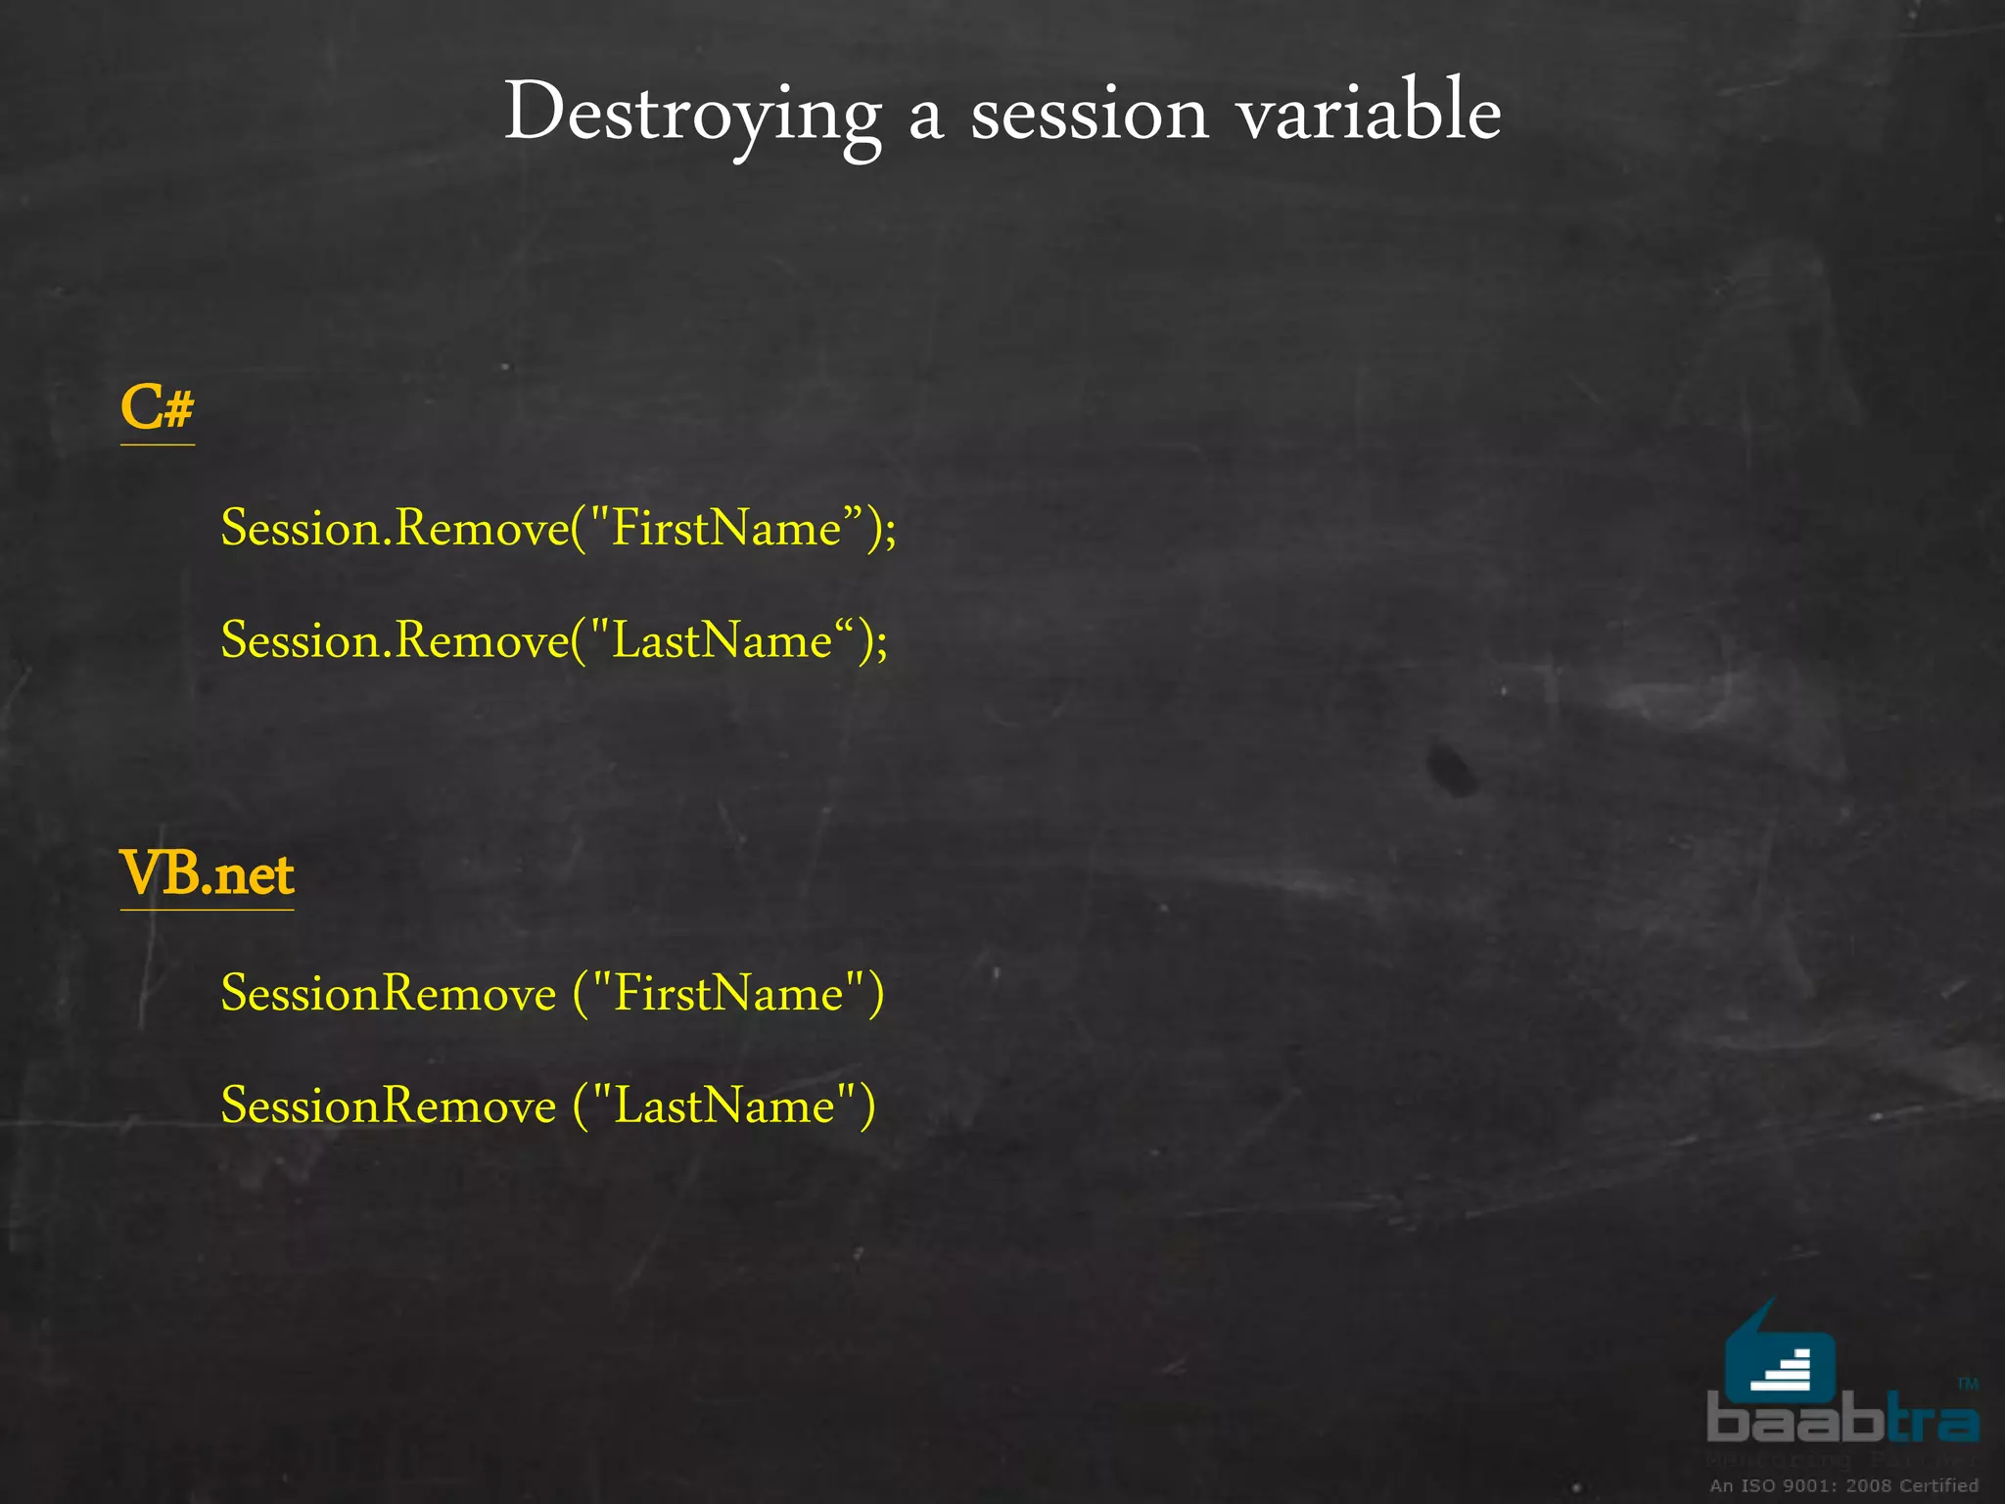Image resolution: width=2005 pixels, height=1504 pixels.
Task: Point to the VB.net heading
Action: [x=207, y=873]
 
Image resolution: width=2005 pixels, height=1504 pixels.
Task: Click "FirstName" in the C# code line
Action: [x=725, y=528]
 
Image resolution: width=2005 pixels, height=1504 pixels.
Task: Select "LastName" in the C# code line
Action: [x=722, y=640]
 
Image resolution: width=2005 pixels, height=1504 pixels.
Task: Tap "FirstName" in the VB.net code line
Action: [x=727, y=993]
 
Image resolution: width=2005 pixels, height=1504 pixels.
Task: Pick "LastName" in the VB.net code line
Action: [x=724, y=1105]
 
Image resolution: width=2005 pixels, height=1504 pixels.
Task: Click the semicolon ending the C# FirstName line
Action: [x=890, y=535]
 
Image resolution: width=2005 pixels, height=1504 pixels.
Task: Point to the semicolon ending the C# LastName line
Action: [x=882, y=647]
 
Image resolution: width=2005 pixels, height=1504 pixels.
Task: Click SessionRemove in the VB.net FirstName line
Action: [x=388, y=993]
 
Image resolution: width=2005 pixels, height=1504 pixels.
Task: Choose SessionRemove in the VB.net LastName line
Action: [x=388, y=1105]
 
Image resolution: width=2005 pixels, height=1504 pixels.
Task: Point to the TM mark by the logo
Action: [x=1968, y=1384]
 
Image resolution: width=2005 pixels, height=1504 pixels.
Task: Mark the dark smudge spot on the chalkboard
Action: [x=1451, y=768]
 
